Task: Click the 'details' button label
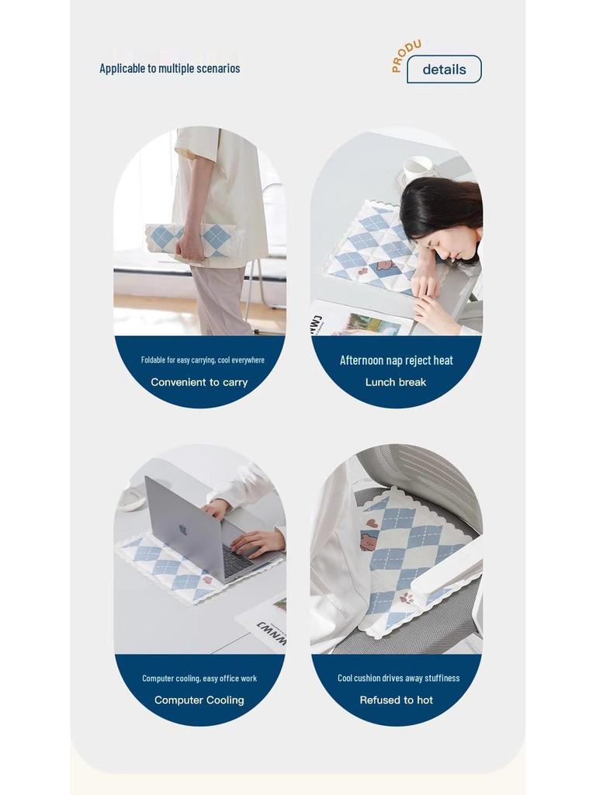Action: tap(444, 70)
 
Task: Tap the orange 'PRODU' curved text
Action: tap(405, 55)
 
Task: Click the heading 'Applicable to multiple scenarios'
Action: tap(170, 68)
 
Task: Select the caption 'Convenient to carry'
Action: tap(199, 382)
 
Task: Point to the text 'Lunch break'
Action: tap(396, 382)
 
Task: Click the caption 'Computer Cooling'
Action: tap(199, 700)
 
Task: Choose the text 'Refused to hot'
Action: tap(397, 700)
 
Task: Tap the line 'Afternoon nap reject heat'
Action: tap(397, 360)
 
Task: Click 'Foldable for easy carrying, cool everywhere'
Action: tap(203, 360)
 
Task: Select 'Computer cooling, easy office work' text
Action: tap(199, 679)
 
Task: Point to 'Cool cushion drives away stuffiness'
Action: tap(398, 679)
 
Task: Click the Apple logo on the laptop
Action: tap(183, 529)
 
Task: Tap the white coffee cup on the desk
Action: tap(418, 169)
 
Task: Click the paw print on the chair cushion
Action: tap(406, 599)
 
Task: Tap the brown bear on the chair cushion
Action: tap(370, 539)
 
